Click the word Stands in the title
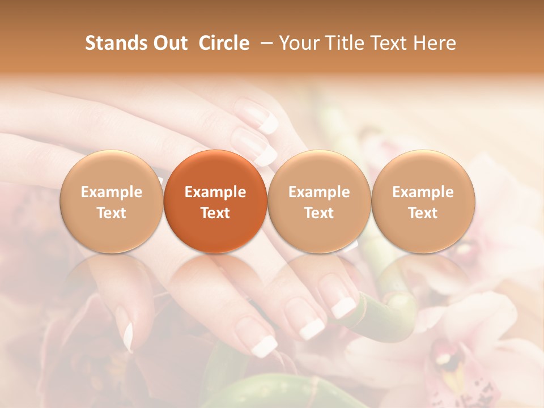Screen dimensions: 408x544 point(116,43)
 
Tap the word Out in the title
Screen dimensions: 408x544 point(169,43)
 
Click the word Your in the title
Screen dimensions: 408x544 point(300,43)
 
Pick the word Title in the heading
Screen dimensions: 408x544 point(347,43)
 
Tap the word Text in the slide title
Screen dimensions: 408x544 point(396,43)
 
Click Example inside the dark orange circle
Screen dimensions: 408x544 point(215,192)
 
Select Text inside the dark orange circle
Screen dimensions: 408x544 point(215,213)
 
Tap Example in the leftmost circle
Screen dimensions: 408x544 point(112,192)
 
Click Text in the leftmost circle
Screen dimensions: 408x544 point(112,213)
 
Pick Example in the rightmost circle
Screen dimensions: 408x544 point(423,192)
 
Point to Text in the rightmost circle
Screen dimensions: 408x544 point(423,213)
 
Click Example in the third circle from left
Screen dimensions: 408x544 point(319,192)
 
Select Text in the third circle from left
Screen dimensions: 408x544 point(319,213)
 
